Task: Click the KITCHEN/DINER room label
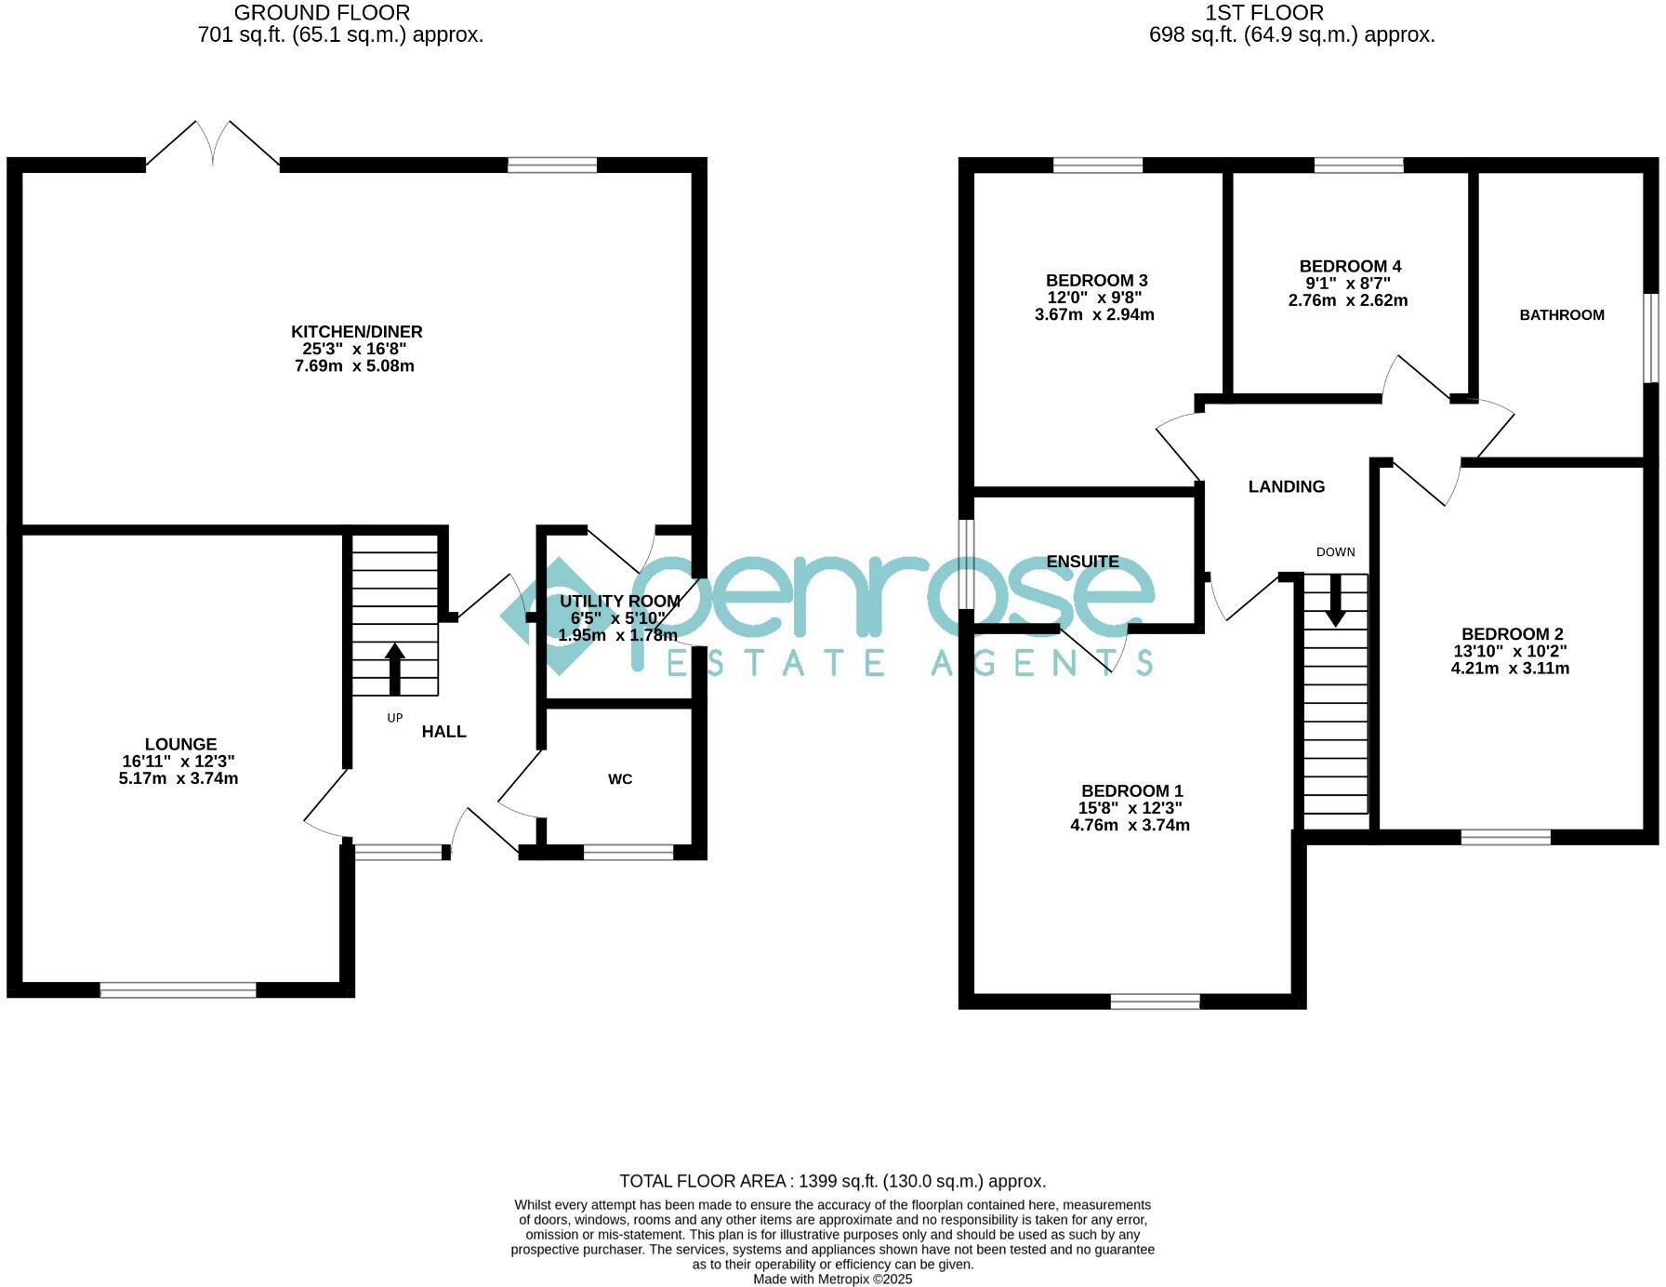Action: pos(357,332)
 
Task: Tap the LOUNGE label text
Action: pos(180,744)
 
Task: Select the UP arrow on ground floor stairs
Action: pos(395,668)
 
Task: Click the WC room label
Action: pos(620,779)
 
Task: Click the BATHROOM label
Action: pos(1562,315)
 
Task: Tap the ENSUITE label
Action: pos(1082,562)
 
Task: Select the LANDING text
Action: pos(1286,486)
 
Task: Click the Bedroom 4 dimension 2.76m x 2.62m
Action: pos(1347,300)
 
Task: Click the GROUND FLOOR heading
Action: pos(322,13)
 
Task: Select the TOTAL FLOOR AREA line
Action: pos(832,1181)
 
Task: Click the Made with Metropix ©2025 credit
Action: pos(832,1279)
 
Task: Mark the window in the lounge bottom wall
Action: pos(178,990)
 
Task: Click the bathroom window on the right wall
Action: pos(1651,338)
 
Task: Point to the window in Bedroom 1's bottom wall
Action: pos(1155,1002)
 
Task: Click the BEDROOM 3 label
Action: pos(1096,281)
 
